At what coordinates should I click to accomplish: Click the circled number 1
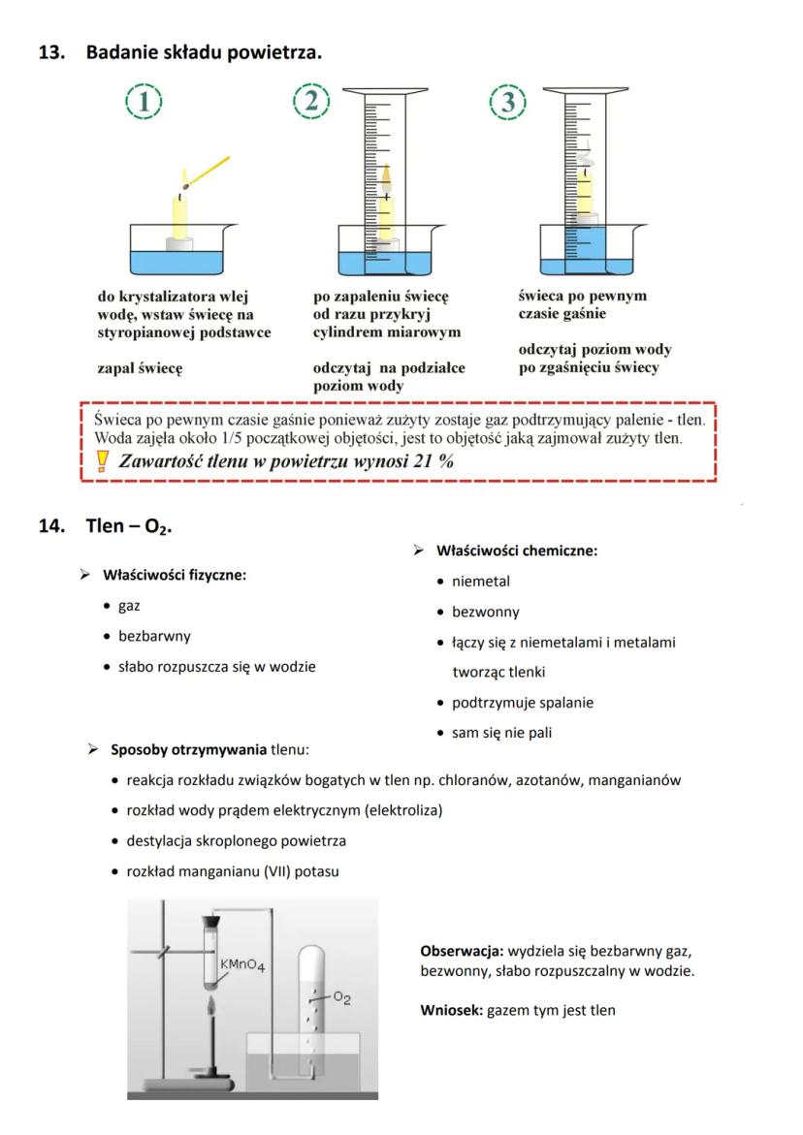(x=145, y=102)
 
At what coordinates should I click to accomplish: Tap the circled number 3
(x=507, y=102)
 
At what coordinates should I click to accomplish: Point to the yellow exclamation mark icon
(x=104, y=462)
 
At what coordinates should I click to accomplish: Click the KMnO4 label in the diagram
(x=242, y=965)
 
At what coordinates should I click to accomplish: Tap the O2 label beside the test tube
(x=340, y=995)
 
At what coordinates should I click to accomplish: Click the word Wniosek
(x=451, y=1010)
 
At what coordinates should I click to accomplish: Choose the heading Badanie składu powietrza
(x=204, y=52)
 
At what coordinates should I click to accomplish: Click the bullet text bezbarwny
(x=154, y=637)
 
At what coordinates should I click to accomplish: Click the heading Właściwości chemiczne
(x=516, y=551)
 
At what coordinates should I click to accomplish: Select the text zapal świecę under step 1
(x=141, y=368)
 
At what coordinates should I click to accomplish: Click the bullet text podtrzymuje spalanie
(x=523, y=703)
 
